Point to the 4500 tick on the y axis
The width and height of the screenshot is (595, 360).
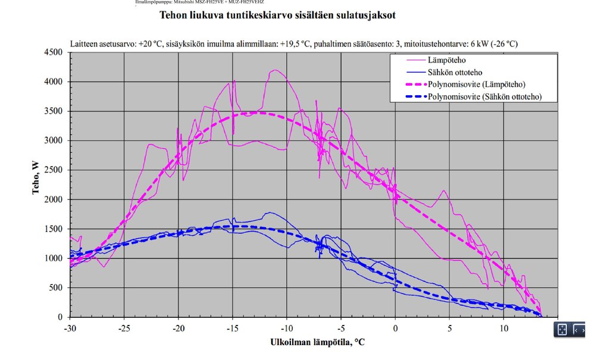coord(55,52)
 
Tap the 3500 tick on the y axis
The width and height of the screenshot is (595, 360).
coord(55,111)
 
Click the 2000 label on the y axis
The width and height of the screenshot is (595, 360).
coord(55,199)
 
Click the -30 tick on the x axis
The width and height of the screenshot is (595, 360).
coord(70,327)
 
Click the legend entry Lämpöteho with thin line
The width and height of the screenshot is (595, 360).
coord(446,60)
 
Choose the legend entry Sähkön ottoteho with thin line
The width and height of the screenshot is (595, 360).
coord(455,73)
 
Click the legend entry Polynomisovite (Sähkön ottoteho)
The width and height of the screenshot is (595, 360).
coord(485,96)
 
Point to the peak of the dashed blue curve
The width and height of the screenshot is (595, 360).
coord(233,226)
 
